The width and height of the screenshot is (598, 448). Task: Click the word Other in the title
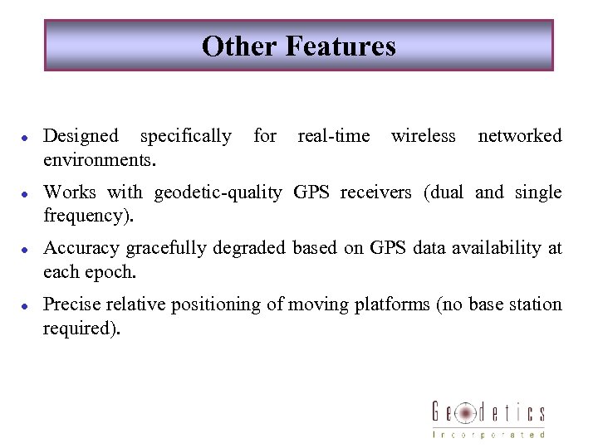click(239, 46)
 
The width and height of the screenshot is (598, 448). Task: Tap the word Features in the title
click(341, 46)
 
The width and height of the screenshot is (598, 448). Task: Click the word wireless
click(423, 135)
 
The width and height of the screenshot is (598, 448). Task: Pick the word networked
click(520, 135)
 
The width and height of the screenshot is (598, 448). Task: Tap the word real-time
click(333, 135)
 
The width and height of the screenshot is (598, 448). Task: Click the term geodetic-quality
click(218, 192)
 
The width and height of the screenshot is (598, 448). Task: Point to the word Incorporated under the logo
click(488, 434)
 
